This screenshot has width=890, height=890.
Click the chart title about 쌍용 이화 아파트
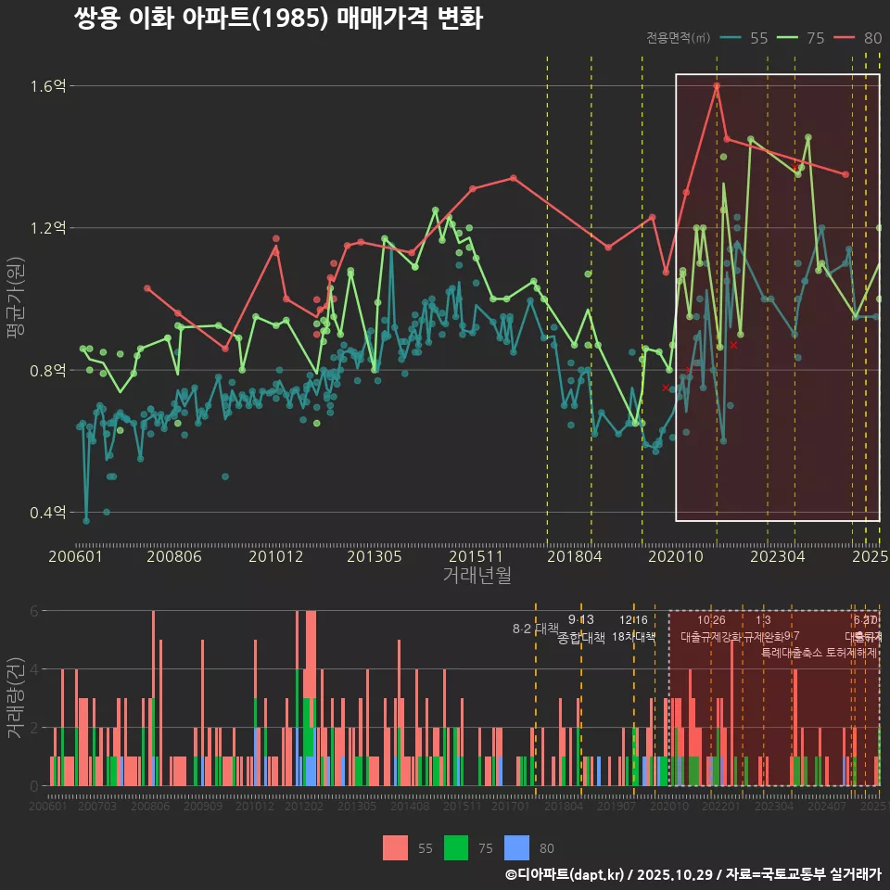click(x=278, y=19)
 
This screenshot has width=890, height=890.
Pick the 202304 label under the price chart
click(x=777, y=556)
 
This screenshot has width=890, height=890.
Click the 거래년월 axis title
click(x=477, y=576)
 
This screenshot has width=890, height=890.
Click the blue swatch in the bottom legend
click(x=517, y=847)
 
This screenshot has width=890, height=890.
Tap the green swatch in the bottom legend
click(x=457, y=847)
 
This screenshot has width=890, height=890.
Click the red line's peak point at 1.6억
click(x=717, y=85)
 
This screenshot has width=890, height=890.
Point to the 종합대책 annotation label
click(x=581, y=638)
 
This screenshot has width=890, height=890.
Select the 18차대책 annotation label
click(x=633, y=637)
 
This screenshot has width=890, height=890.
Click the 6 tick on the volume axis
click(x=34, y=611)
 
